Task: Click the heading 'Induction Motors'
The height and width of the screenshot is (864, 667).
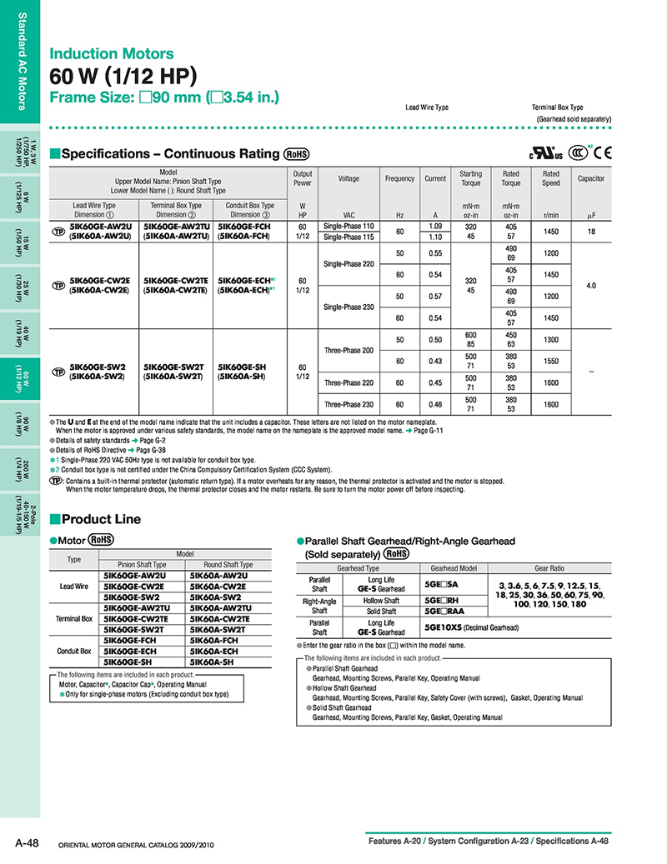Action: click(x=112, y=54)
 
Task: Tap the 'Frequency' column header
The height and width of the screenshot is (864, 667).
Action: click(x=399, y=178)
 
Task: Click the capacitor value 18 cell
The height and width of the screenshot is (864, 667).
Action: click(x=590, y=231)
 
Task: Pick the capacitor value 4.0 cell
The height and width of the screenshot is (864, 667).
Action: click(x=590, y=285)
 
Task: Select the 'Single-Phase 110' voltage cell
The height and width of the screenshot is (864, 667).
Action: click(x=349, y=226)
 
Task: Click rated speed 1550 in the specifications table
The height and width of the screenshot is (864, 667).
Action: click(x=551, y=360)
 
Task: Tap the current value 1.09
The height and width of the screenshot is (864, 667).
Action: click(x=434, y=226)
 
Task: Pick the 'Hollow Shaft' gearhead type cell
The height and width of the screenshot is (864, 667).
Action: click(x=381, y=600)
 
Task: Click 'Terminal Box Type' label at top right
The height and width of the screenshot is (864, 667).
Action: click(x=557, y=107)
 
